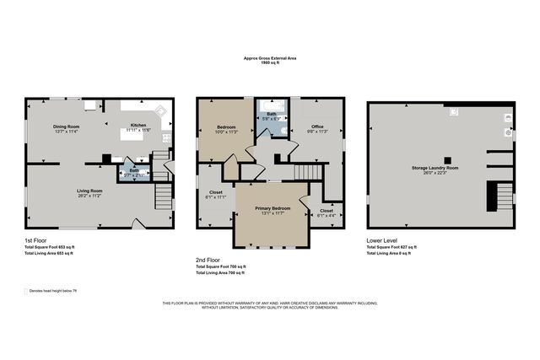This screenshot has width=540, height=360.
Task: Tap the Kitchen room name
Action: coord(138,126)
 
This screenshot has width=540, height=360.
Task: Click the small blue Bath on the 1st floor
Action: coord(134,171)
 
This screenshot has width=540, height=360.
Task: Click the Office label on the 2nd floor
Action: coord(317,126)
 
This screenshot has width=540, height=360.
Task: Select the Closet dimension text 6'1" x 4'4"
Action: coord(327,215)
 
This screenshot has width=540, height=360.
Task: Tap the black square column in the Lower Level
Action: coord(448,159)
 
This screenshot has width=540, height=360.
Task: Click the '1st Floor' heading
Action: coord(36,239)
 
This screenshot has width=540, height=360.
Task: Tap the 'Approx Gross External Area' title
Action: coord(269,58)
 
